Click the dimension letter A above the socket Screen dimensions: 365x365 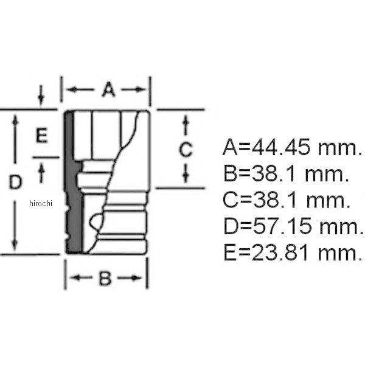(109, 89)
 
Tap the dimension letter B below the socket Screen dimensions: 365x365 (105, 278)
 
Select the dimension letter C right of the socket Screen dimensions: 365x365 (186, 149)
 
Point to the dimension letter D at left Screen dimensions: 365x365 (16, 182)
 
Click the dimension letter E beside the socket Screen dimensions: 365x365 (42, 135)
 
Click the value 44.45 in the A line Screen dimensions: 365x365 (281, 147)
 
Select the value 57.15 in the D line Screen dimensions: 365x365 (282, 226)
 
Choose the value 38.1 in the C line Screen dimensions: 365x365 (276, 200)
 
